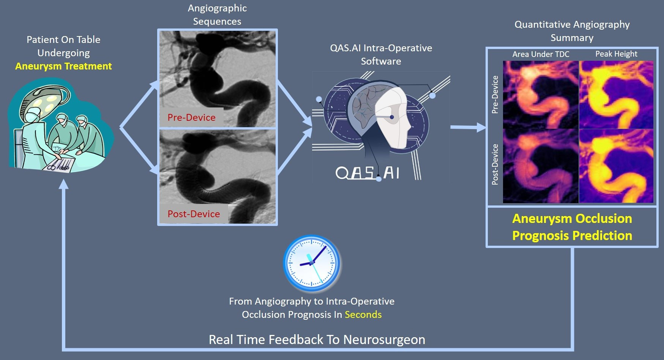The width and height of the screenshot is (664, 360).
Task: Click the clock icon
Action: pyautogui.click(x=312, y=263)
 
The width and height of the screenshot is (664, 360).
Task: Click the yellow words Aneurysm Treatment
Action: pyautogui.click(x=63, y=66)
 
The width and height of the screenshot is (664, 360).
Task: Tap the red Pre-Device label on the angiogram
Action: pyautogui.click(x=191, y=117)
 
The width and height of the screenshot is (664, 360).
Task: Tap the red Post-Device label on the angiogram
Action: pyautogui.click(x=194, y=214)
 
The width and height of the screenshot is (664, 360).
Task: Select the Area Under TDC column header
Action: pyautogui.click(x=541, y=54)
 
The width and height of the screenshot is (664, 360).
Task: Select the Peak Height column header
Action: pyautogui.click(x=616, y=54)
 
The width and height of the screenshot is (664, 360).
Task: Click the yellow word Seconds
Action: pyautogui.click(x=363, y=314)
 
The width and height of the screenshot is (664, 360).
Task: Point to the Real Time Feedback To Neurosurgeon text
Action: pyautogui.click(x=317, y=339)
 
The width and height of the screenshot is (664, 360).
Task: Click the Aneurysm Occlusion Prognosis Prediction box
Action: pyautogui.click(x=572, y=227)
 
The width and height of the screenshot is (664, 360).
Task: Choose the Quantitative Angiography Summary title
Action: pyautogui.click(x=572, y=31)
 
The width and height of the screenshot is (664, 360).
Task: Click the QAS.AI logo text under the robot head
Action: pyautogui.click(x=367, y=173)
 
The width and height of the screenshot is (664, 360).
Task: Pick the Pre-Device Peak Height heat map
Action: pyautogui.click(x=616, y=95)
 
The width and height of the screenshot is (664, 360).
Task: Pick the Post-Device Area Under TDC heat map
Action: pyautogui.click(x=541, y=166)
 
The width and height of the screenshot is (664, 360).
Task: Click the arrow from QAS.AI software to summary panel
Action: pyautogui.click(x=468, y=128)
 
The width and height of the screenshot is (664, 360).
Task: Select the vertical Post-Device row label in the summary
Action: pyautogui.click(x=495, y=164)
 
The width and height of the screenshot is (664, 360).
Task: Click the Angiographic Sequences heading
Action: pyautogui.click(x=217, y=15)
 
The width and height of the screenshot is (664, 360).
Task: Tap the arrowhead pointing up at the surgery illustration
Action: pyautogui.click(x=64, y=184)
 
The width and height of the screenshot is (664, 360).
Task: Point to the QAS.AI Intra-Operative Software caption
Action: pyautogui.click(x=381, y=55)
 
